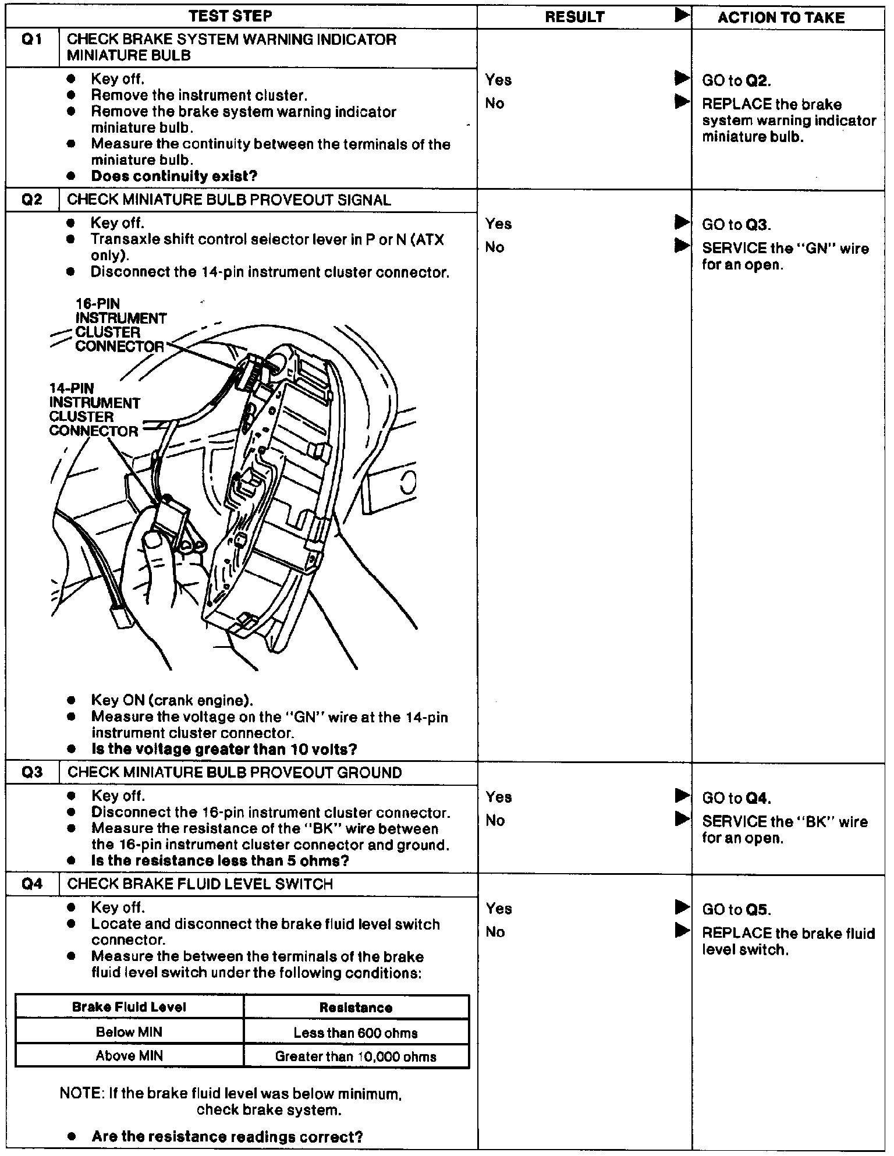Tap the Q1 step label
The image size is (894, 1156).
point(31,40)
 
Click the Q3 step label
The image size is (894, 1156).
point(31,772)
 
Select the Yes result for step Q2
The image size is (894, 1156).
point(498,224)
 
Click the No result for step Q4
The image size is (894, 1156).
point(495,932)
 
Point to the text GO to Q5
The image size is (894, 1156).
point(737,909)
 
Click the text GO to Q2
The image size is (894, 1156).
point(737,81)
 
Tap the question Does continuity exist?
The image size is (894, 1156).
point(174,176)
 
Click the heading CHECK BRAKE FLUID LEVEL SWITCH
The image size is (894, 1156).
point(200,884)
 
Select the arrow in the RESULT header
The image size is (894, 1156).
point(682,16)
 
